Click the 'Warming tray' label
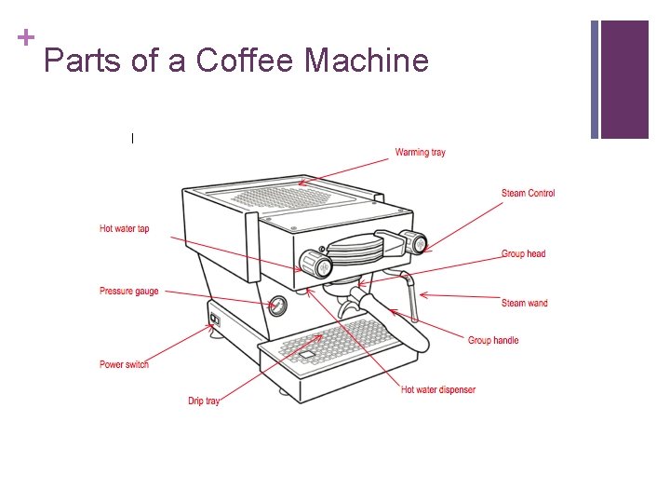coord(420,152)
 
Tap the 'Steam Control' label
coord(528,194)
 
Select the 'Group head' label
coord(523,253)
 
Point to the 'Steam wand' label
coord(525,303)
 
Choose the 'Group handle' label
coord(493,340)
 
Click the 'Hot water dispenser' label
coord(437,389)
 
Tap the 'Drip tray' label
coord(204,401)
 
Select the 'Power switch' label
coord(124,364)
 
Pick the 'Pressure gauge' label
coord(129,292)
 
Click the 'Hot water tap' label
coord(124,228)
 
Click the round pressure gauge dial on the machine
coord(276,306)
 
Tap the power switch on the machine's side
coord(214,320)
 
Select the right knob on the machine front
coord(416,244)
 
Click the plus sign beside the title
coord(25,38)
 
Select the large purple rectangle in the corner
coord(624,79)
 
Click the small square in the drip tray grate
coord(306,355)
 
